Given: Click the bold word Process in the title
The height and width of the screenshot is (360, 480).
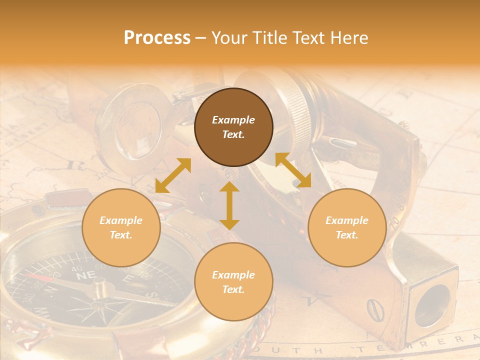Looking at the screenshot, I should coord(157,38).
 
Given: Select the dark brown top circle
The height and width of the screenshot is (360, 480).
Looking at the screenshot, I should coord(233,127).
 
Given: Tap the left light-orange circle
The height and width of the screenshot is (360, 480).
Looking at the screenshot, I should coord(121,227).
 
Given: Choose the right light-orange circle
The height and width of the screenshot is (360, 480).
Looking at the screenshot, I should coord(347,227).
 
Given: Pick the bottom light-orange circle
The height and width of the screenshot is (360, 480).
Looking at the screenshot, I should coord(233,282).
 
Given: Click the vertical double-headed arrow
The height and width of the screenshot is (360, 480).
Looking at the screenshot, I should coord(229,205).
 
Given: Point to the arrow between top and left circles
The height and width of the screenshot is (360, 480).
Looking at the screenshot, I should coord(173,175).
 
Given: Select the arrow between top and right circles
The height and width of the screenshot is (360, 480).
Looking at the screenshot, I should coord(293,170).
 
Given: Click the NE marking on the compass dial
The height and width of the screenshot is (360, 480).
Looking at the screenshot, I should coord(86,275).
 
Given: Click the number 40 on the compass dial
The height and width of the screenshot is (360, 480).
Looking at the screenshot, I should coord(77,269).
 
